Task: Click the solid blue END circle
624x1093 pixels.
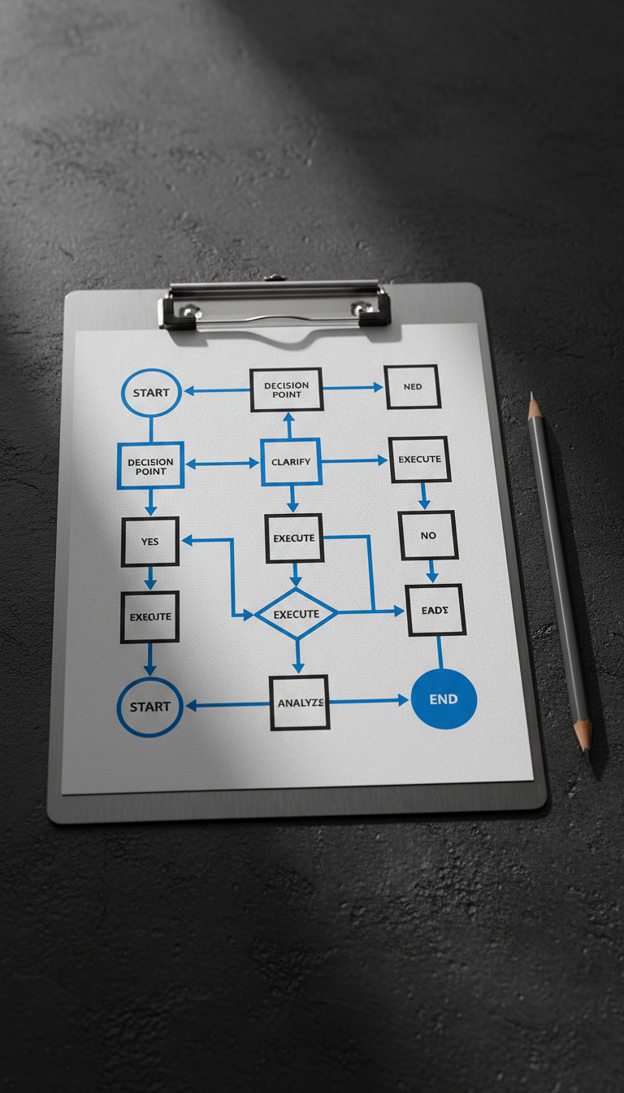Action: pos(444,699)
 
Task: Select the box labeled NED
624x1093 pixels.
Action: pos(413,386)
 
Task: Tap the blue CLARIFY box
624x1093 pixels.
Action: pos(291,462)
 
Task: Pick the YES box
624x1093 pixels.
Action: pos(150,541)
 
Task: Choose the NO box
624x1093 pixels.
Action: pos(428,535)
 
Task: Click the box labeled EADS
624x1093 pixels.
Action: pos(435,610)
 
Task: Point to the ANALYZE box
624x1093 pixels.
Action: pos(300,702)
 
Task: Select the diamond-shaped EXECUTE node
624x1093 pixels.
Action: pos(296,614)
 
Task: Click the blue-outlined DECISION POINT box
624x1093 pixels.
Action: pos(150,466)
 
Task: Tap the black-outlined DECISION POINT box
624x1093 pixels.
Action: pos(286,390)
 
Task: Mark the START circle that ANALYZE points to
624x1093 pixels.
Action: pos(150,707)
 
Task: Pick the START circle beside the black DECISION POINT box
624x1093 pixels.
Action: pos(151,393)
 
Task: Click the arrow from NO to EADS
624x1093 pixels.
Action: pos(431,571)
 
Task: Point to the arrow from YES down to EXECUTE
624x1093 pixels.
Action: pos(150,577)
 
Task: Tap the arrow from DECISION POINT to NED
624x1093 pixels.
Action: pos(353,388)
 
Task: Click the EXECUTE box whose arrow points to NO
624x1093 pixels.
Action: pos(419,459)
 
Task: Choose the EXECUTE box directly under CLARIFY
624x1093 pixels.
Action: pos(294,538)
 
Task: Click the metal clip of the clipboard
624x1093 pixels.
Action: pos(275,305)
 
